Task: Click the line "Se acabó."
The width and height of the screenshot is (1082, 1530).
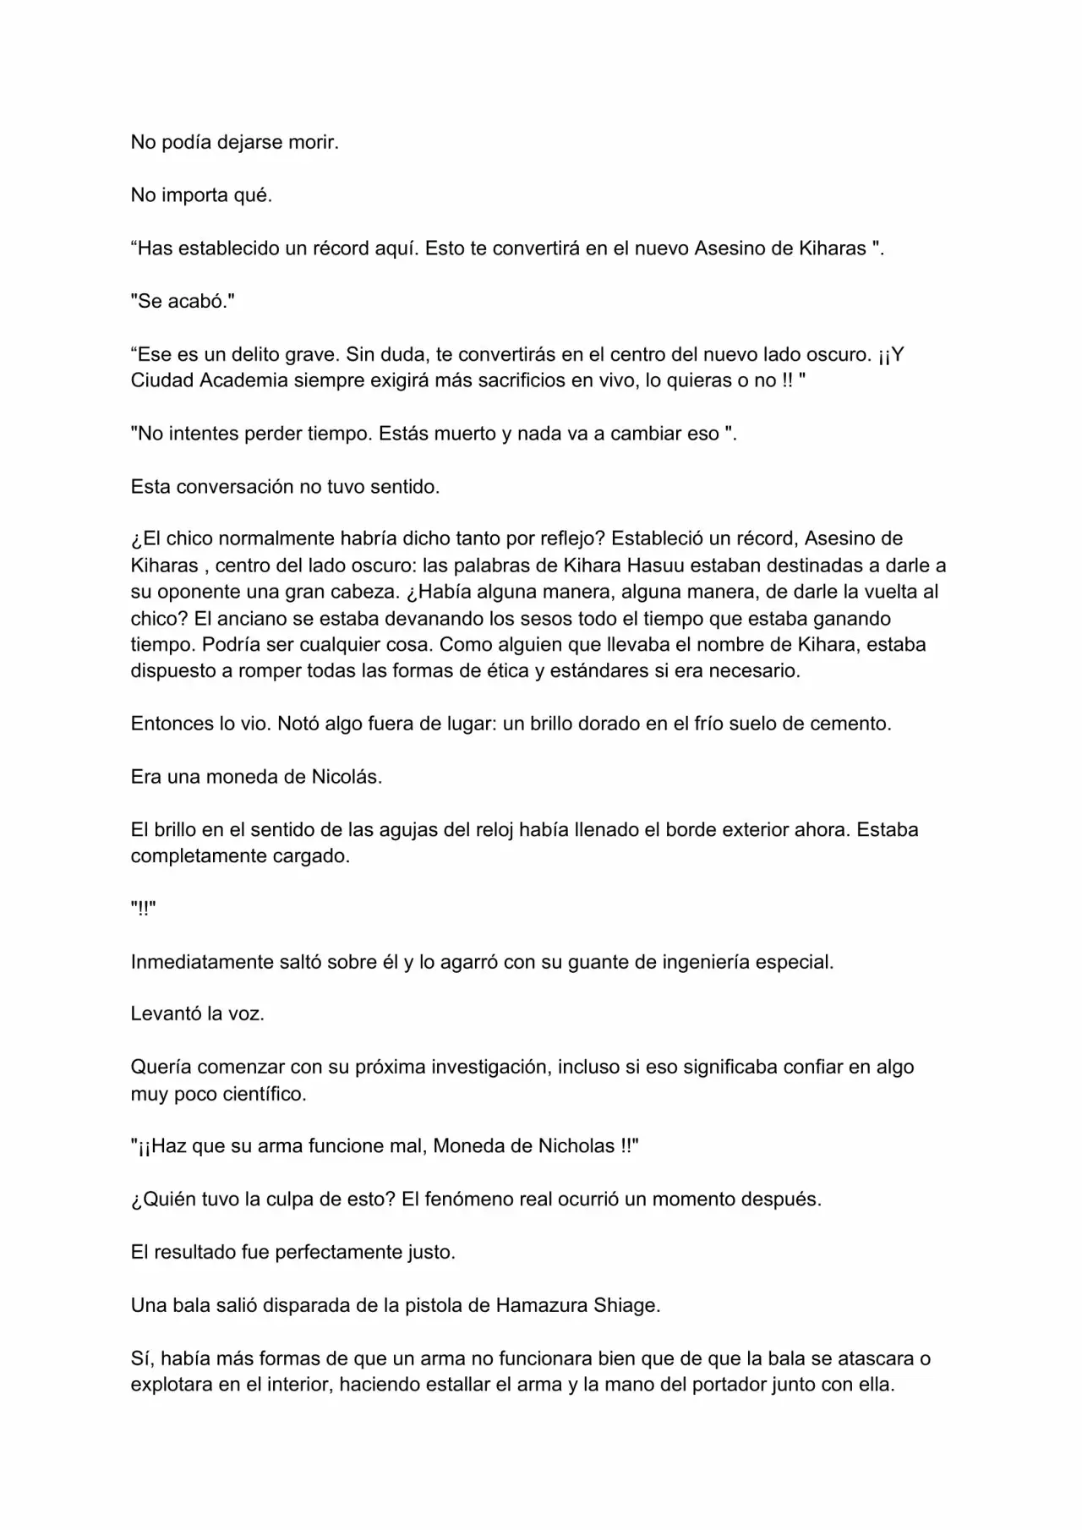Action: coord(183,302)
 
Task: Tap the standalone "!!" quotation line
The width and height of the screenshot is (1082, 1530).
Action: coord(143,909)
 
